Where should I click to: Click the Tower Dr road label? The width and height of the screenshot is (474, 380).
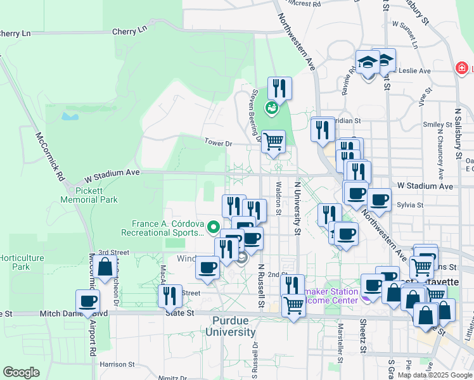click(x=219, y=143)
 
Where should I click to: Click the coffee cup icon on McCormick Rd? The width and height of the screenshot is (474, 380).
click(x=88, y=300)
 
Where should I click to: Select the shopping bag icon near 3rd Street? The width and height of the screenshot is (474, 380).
click(x=105, y=268)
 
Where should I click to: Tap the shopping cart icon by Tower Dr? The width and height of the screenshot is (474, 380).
click(x=273, y=141)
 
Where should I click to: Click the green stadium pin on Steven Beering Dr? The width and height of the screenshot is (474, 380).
click(x=272, y=108)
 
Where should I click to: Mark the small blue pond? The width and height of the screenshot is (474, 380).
click(x=70, y=116)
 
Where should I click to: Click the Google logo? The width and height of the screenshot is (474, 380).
click(x=21, y=372)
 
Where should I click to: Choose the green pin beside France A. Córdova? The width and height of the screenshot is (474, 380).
click(x=214, y=225)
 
